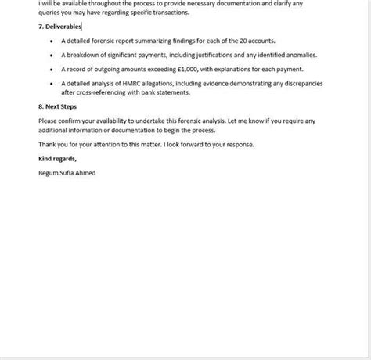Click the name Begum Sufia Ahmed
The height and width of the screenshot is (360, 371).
67,173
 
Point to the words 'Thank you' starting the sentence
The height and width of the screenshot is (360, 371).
52,145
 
